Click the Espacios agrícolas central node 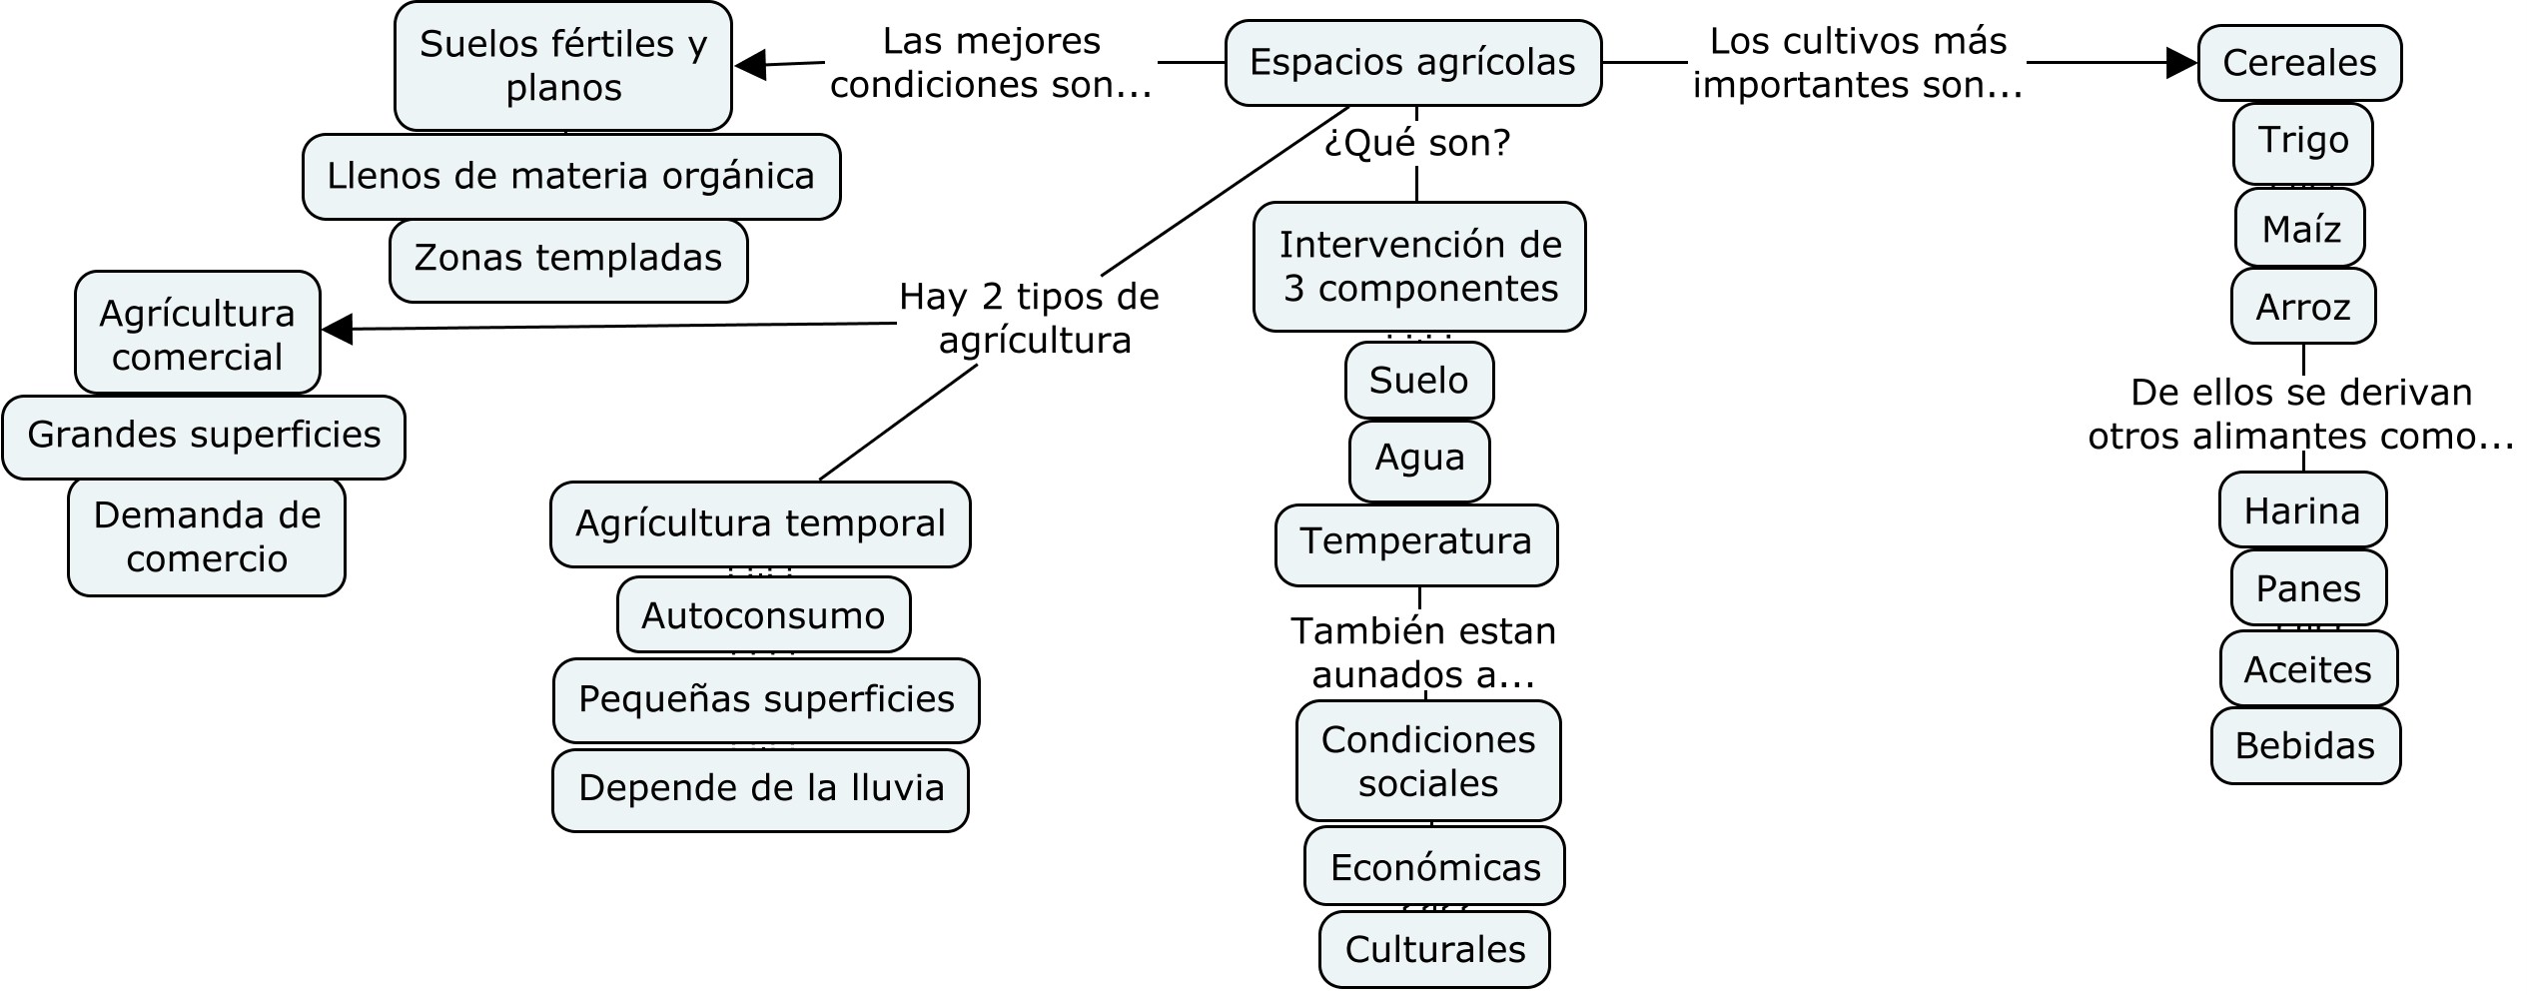(x=1412, y=63)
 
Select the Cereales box (x=2299, y=63)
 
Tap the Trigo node (x=2302, y=141)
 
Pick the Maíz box (x=2300, y=229)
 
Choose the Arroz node (x=2302, y=306)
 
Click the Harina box (x=2302, y=510)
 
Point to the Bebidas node (x=2304, y=745)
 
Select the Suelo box (x=1418, y=380)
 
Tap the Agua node (x=1419, y=459)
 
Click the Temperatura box (x=1415, y=542)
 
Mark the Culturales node (x=1434, y=949)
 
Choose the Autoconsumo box (x=763, y=615)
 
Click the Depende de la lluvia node (x=760, y=788)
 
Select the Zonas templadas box (x=567, y=259)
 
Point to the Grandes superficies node (x=204, y=436)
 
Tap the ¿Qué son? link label (x=1416, y=144)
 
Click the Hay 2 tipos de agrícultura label (x=1030, y=318)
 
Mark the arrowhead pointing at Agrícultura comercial (x=338, y=329)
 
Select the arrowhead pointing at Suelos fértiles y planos (x=750, y=65)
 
